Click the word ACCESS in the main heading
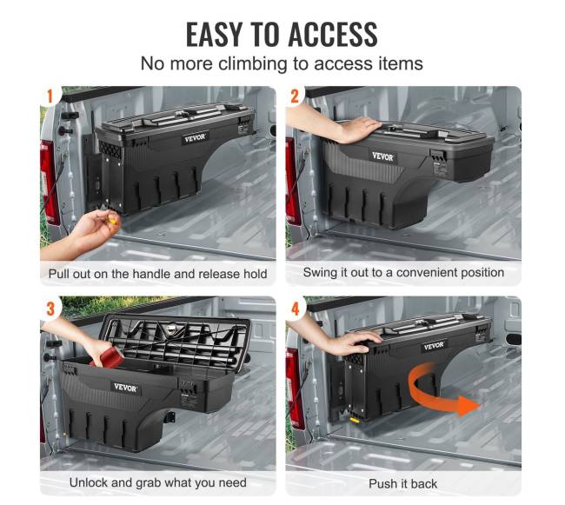[333, 34]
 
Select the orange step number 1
[50, 96]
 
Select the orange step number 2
[295, 96]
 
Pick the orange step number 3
[50, 309]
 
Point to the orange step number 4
[296, 309]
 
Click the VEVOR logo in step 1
[195, 138]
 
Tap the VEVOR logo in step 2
[382, 156]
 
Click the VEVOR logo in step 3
[125, 388]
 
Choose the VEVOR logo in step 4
[434, 346]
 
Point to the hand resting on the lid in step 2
[356, 129]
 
